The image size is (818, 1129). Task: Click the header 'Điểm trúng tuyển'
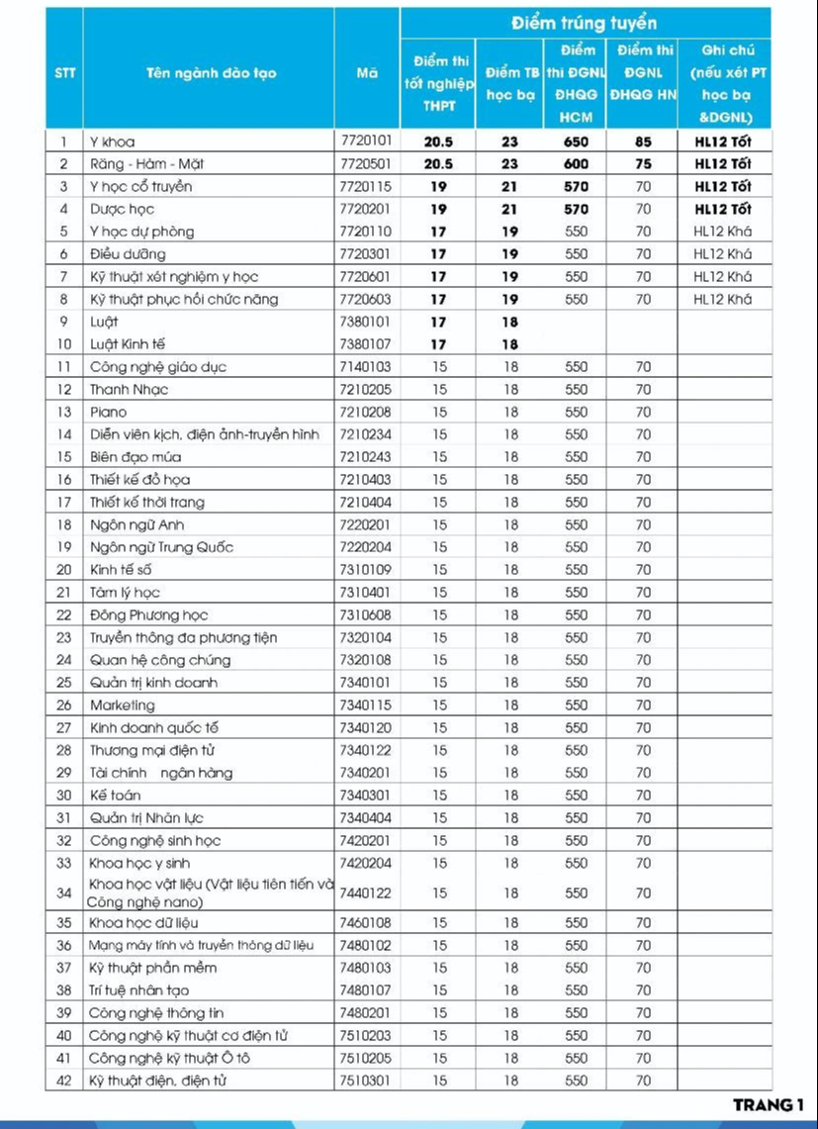click(x=585, y=23)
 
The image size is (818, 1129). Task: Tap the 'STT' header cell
click(x=64, y=73)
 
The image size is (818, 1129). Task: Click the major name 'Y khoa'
click(x=112, y=141)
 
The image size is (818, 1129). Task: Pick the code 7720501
click(x=366, y=164)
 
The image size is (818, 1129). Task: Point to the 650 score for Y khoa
click(x=576, y=141)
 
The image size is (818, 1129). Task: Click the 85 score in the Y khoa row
click(x=643, y=141)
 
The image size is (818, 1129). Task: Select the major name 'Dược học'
click(x=122, y=209)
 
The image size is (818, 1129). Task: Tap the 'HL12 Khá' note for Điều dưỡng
click(x=722, y=254)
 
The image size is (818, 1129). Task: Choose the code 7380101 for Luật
click(x=366, y=322)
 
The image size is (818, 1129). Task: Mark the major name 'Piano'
click(x=108, y=412)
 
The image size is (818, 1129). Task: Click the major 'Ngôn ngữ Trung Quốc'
click(x=161, y=547)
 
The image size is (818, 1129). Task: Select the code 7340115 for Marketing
click(x=366, y=705)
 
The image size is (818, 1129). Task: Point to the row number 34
click(x=64, y=893)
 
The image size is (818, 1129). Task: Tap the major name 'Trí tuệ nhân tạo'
click(x=138, y=989)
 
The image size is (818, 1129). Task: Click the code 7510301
click(x=366, y=1081)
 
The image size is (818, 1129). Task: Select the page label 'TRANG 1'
click(x=769, y=1105)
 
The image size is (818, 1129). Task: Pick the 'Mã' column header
click(x=366, y=73)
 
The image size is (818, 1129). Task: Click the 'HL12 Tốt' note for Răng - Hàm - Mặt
click(x=722, y=164)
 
